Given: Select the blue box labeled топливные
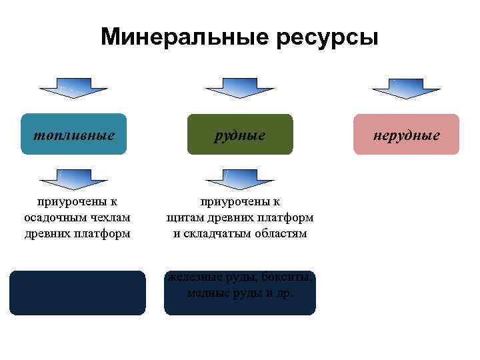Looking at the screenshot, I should point(74,135).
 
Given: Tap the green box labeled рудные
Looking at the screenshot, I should point(240,135).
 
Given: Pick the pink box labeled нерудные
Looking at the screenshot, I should point(406,135).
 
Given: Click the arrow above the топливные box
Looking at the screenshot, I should point(73,88).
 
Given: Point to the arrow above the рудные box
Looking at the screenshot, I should point(239,88).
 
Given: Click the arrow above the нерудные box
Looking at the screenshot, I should point(405,88).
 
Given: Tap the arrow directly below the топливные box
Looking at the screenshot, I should point(73,179).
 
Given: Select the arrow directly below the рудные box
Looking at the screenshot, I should point(239,179).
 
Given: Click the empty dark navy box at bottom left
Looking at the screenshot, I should point(77,293).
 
